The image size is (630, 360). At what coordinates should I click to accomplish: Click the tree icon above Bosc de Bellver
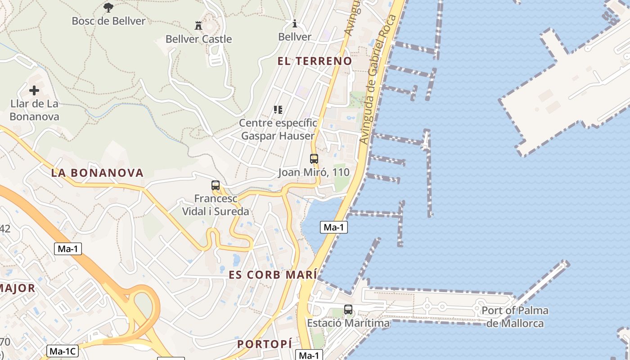coord(108,7)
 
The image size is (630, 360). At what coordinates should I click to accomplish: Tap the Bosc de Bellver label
coord(108,21)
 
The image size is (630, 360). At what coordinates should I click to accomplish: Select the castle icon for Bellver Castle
coord(198,25)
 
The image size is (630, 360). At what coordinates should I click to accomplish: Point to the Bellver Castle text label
coord(198,39)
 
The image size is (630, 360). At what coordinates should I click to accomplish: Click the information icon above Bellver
coord(295,23)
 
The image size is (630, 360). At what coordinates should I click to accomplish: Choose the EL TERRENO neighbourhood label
coord(315,61)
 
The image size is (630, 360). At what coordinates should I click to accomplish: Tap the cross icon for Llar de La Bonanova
coord(34,90)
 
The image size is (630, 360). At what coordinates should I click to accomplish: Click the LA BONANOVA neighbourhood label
coord(97,173)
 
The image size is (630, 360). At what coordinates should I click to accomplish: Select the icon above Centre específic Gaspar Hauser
coord(278,109)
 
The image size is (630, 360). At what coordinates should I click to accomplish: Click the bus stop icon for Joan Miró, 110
coord(314,158)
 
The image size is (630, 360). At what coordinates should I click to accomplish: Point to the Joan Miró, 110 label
coord(314,172)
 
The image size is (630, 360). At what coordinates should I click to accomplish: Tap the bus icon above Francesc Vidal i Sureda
coord(216,185)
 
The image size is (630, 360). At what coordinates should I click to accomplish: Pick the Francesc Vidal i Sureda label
coord(216,205)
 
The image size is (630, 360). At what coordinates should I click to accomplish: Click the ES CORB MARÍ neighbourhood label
coord(273,275)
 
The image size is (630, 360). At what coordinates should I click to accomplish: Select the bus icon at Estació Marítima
coord(348,309)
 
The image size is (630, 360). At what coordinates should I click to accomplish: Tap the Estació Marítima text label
coord(348,323)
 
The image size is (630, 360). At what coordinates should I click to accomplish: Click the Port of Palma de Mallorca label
coord(515,317)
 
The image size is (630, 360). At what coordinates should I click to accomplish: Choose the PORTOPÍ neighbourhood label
coord(265,344)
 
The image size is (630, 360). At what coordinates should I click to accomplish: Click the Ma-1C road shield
coord(62,351)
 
